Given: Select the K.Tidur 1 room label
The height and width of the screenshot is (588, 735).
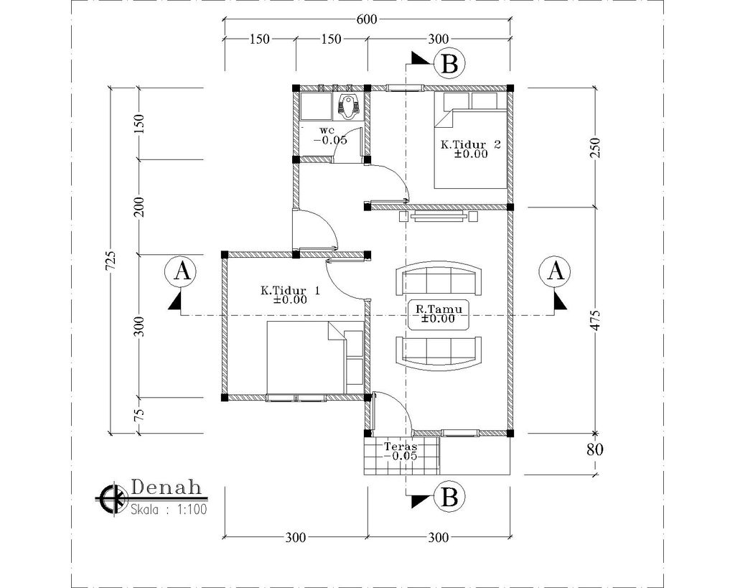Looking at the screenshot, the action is [x=290, y=291].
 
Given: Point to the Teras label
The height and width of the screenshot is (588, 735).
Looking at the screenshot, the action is [x=401, y=446].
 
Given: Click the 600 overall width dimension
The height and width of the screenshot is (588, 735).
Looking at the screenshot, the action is [x=367, y=19].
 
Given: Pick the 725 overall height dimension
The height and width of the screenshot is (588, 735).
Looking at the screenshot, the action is [x=111, y=260].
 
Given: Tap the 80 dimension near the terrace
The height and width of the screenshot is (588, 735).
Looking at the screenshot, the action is [x=595, y=449].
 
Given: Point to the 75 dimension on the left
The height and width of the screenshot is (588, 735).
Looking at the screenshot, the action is [x=139, y=414].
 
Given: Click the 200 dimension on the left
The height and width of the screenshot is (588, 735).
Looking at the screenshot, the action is [x=139, y=207].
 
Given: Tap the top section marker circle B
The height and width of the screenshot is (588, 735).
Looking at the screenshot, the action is [x=449, y=64].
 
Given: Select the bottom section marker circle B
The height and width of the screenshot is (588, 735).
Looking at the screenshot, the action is [x=449, y=497].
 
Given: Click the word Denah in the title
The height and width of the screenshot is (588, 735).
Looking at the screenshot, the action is [x=167, y=487].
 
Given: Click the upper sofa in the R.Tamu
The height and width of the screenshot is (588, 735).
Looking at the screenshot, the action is [x=439, y=280].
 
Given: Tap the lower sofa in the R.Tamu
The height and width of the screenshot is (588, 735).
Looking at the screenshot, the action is [x=439, y=352].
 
